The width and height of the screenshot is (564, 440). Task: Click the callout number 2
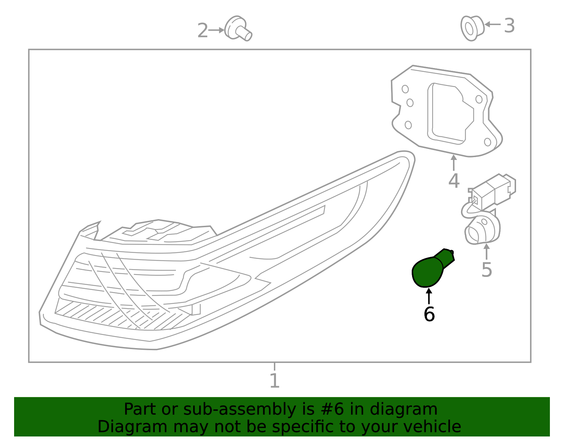pyautogui.click(x=203, y=31)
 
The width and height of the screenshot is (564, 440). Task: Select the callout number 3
pyautogui.click(x=509, y=26)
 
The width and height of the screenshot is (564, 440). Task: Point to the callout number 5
pyautogui.click(x=487, y=270)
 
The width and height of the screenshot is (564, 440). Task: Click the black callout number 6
pyautogui.click(x=429, y=314)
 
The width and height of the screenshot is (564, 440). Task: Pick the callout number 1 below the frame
pyautogui.click(x=275, y=380)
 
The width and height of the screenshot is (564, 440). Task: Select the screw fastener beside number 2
pyautogui.click(x=238, y=29)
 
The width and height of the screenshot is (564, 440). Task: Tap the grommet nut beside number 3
pyautogui.click(x=472, y=28)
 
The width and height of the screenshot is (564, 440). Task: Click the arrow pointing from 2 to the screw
pyautogui.click(x=216, y=30)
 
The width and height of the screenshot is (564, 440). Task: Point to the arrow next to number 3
pyautogui.click(x=493, y=24)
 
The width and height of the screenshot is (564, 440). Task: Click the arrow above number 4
pyautogui.click(x=454, y=162)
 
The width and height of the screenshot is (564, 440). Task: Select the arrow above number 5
pyautogui.click(x=487, y=252)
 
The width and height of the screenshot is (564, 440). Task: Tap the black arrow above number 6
pyautogui.click(x=429, y=296)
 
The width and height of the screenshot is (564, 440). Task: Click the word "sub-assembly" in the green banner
pyautogui.click(x=240, y=409)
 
